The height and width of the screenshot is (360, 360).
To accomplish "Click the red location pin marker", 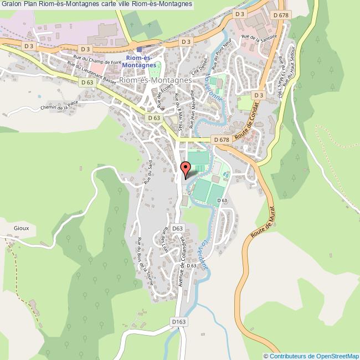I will pos(186,168).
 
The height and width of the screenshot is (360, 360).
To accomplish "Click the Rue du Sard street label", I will pos(148,172).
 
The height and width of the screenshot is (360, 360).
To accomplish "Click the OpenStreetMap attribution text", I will pos(311,356).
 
